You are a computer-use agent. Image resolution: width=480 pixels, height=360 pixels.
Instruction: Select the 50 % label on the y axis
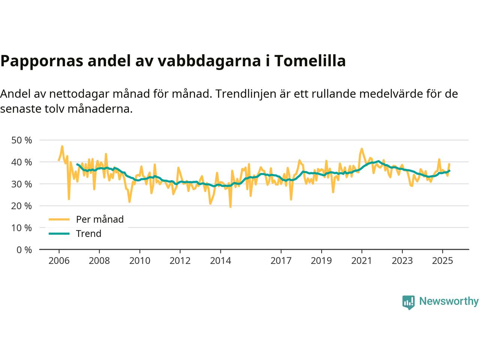pyautogui.click(x=22, y=140)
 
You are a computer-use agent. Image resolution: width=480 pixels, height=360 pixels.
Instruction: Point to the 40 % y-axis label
pyautogui.click(x=22, y=162)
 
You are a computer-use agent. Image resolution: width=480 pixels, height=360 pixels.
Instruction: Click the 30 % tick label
pyautogui.click(x=22, y=184)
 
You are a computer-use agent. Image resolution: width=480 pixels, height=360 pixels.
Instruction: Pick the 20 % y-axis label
pyautogui.click(x=22, y=206)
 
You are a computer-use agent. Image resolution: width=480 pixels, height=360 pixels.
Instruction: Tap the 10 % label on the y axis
pyautogui.click(x=22, y=228)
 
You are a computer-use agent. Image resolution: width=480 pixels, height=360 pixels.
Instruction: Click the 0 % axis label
pyautogui.click(x=24, y=250)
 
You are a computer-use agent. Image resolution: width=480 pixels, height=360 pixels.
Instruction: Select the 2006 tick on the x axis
pyautogui.click(x=59, y=260)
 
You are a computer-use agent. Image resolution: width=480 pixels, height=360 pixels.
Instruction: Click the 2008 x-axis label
pyautogui.click(x=99, y=260)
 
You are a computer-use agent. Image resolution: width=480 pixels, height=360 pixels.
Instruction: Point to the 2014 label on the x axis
pyautogui.click(x=220, y=260)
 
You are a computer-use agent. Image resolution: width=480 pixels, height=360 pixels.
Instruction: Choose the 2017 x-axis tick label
pyautogui.click(x=281, y=260)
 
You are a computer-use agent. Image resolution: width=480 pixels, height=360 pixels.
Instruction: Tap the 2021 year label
pyautogui.click(x=361, y=260)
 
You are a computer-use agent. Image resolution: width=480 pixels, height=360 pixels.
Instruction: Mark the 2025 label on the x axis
pyautogui.click(x=442, y=260)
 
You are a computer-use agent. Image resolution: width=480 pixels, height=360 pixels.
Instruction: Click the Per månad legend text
pyautogui.click(x=99, y=219)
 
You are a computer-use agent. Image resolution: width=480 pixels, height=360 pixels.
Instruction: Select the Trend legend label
pyautogui.click(x=88, y=234)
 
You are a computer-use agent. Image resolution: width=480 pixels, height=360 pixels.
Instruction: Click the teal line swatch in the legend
pyautogui.click(x=59, y=234)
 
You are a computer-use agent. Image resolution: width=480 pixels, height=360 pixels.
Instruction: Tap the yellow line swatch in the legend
pyautogui.click(x=59, y=219)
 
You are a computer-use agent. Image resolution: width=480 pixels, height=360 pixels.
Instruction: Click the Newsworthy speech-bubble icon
pyautogui.click(x=408, y=302)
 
